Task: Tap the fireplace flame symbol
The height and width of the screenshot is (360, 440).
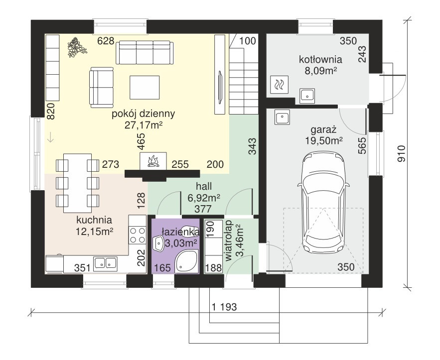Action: [x=153, y=161]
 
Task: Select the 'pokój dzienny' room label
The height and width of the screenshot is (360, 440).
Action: [x=144, y=114]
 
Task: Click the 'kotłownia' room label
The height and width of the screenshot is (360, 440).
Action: [x=320, y=59]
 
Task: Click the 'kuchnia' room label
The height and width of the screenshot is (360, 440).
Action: [x=94, y=220]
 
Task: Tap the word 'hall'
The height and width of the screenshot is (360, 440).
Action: [x=204, y=186]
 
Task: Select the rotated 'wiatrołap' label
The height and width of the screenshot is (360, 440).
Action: [x=229, y=240]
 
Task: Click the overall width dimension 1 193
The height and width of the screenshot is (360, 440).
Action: [x=224, y=307]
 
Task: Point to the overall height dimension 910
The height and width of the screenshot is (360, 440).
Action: [x=402, y=154]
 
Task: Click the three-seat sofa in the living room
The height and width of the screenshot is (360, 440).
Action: [x=145, y=52]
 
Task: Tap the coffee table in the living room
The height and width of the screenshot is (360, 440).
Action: [x=145, y=88]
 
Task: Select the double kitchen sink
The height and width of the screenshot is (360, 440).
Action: [x=105, y=263]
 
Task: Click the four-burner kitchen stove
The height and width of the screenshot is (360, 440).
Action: [x=137, y=235]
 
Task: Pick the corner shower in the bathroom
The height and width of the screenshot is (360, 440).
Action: [x=186, y=261]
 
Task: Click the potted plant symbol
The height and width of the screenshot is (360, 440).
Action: [x=77, y=47]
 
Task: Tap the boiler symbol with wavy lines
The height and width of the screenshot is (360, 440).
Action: [x=280, y=85]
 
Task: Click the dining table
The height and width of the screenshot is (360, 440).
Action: [x=77, y=183]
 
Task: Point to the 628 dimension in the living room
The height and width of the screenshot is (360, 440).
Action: [x=106, y=41]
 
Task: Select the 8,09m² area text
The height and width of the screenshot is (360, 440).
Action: [x=320, y=71]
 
